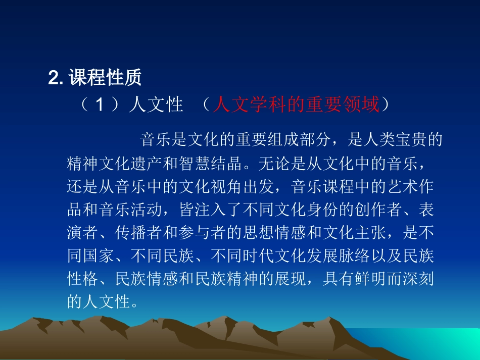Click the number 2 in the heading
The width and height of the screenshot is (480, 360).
point(53,78)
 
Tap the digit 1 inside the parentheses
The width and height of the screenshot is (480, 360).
point(100,105)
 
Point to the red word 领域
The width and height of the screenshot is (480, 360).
point(365,105)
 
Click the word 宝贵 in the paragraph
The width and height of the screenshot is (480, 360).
point(397,140)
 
